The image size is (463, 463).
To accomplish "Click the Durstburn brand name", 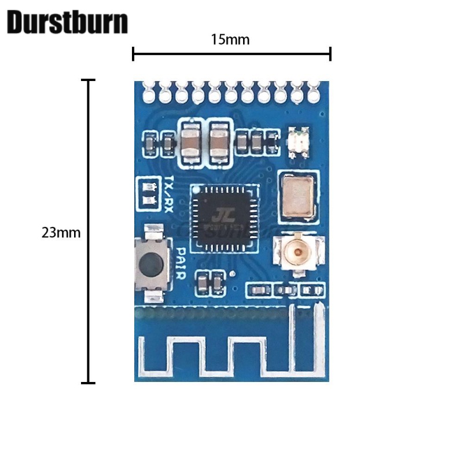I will (67, 23).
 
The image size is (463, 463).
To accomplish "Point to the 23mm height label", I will (61, 233).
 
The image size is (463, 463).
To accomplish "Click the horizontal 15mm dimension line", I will (231, 54).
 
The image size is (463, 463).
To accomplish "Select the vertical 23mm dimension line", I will (88, 231).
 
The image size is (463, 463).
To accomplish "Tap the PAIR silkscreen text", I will (181, 263).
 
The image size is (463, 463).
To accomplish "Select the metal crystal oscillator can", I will (299, 196).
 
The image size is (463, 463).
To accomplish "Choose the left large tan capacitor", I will (190, 140).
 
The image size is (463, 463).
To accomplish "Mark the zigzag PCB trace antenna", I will (231, 350).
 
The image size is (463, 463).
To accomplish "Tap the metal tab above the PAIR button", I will (153, 232).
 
